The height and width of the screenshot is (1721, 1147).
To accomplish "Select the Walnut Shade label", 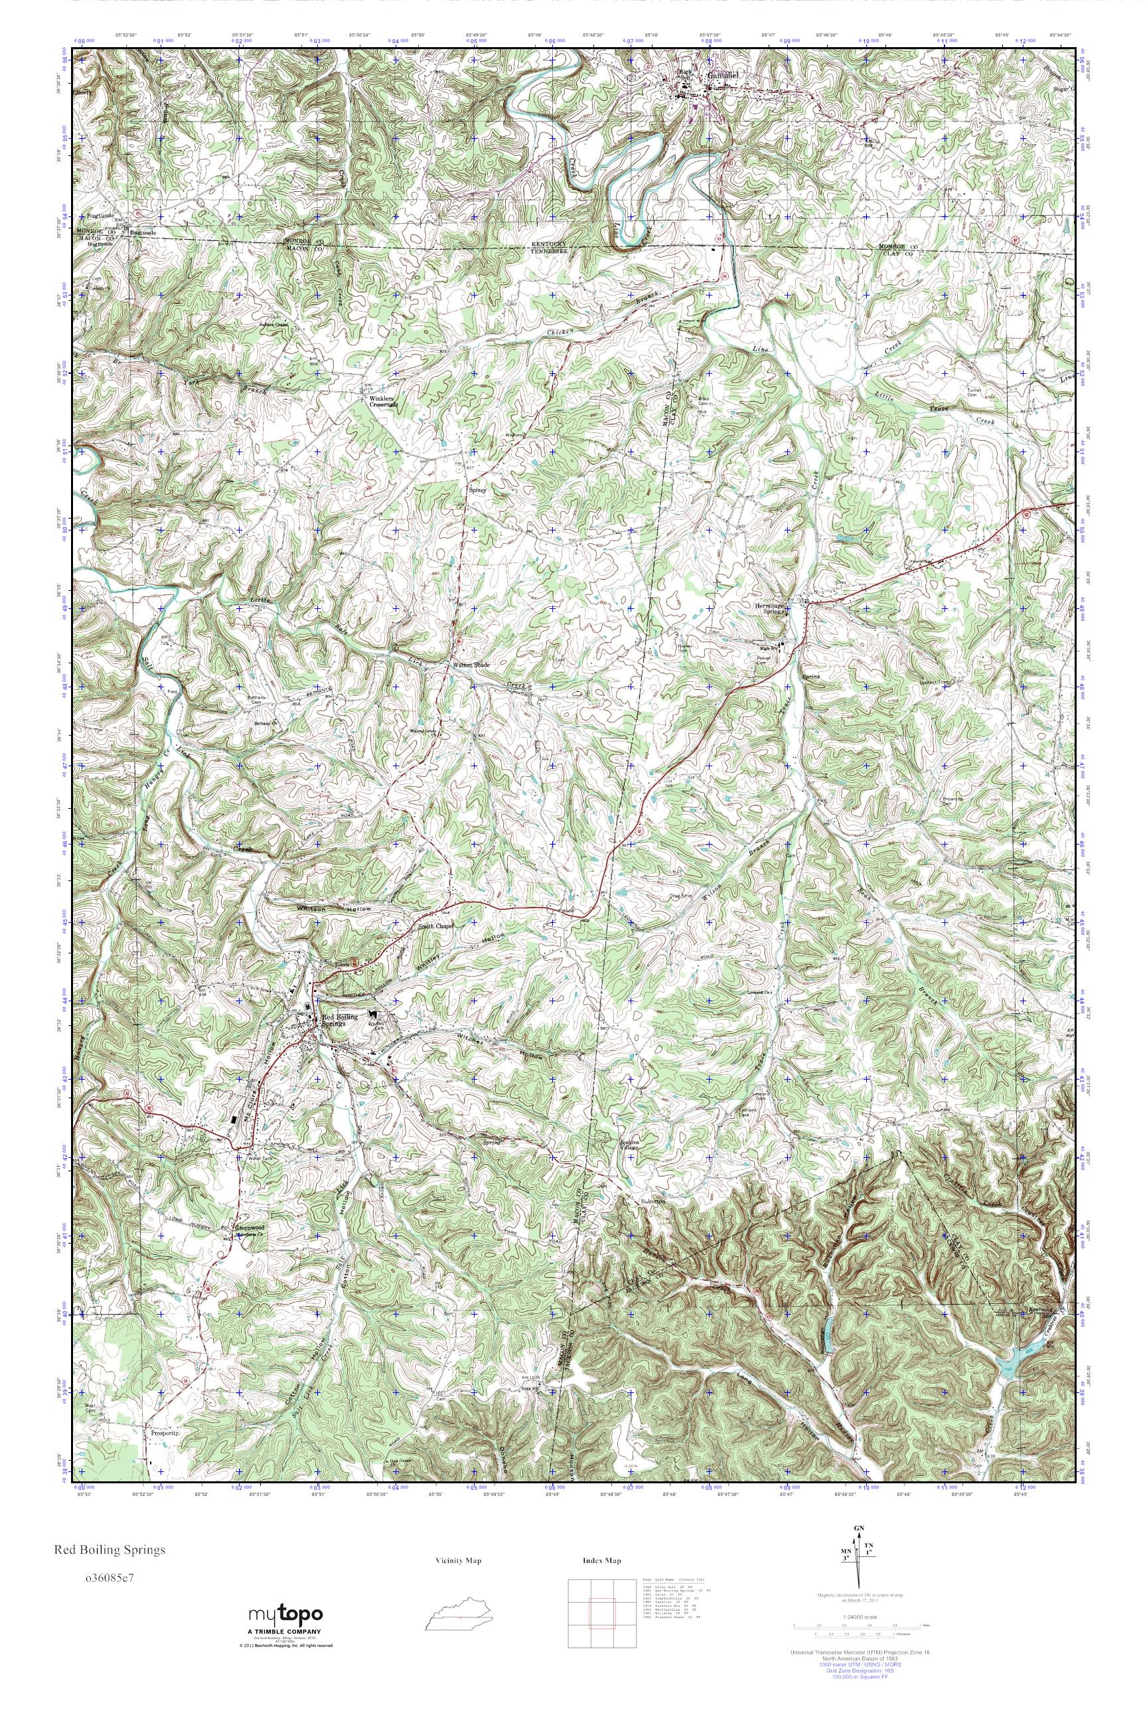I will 471,665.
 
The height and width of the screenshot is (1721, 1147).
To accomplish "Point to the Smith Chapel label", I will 436,926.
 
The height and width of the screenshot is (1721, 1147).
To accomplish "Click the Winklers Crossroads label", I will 378,400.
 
